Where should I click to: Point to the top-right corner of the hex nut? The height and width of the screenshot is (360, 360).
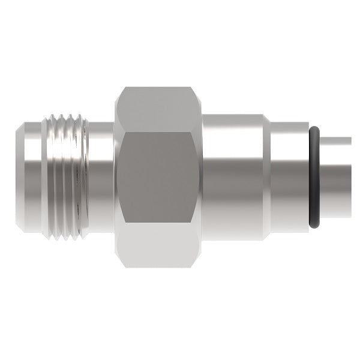coord(193,88)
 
